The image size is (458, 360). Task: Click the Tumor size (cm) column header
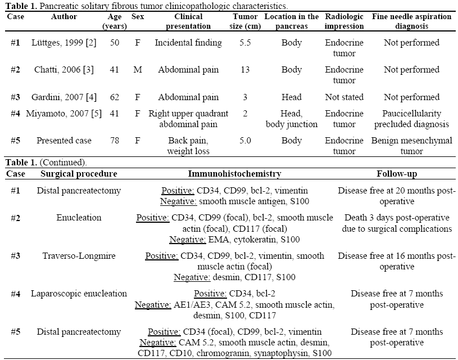[245, 21]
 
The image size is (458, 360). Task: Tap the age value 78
[114, 141]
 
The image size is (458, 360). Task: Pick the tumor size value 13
[245, 70]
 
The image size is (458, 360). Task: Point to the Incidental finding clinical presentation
[188, 43]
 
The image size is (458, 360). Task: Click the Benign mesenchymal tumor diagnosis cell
[411, 146]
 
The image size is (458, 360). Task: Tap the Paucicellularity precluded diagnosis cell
[411, 118]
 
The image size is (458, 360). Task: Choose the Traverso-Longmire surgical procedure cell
[79, 256]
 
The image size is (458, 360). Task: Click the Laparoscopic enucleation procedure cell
[79, 294]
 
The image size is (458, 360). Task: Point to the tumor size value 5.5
[245, 43]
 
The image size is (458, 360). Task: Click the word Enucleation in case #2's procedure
[79, 218]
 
